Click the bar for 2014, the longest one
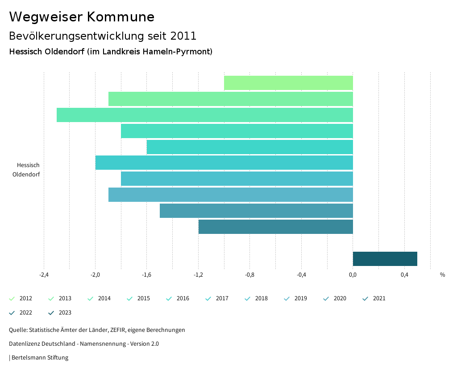[205, 115]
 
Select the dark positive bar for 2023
[385, 259]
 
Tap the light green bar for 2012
[288, 83]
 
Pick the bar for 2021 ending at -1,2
[275, 227]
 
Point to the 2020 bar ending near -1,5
[256, 211]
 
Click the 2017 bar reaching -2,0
[224, 163]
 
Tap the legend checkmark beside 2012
[12, 298]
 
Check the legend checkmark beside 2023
[51, 313]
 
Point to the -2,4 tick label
[44, 275]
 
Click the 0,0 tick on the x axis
[353, 275]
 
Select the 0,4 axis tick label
[404, 275]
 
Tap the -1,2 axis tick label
[198, 275]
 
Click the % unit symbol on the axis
[442, 275]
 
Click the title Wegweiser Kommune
[82, 17]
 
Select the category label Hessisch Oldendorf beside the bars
[28, 170]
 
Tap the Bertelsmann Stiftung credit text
[39, 357]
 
